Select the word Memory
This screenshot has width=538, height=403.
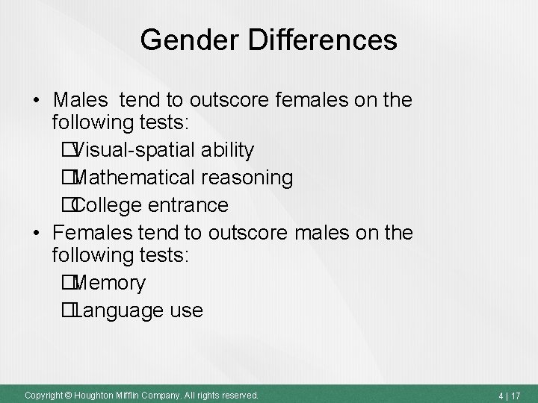pos(110,284)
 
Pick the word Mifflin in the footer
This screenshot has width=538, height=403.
pos(132,394)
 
